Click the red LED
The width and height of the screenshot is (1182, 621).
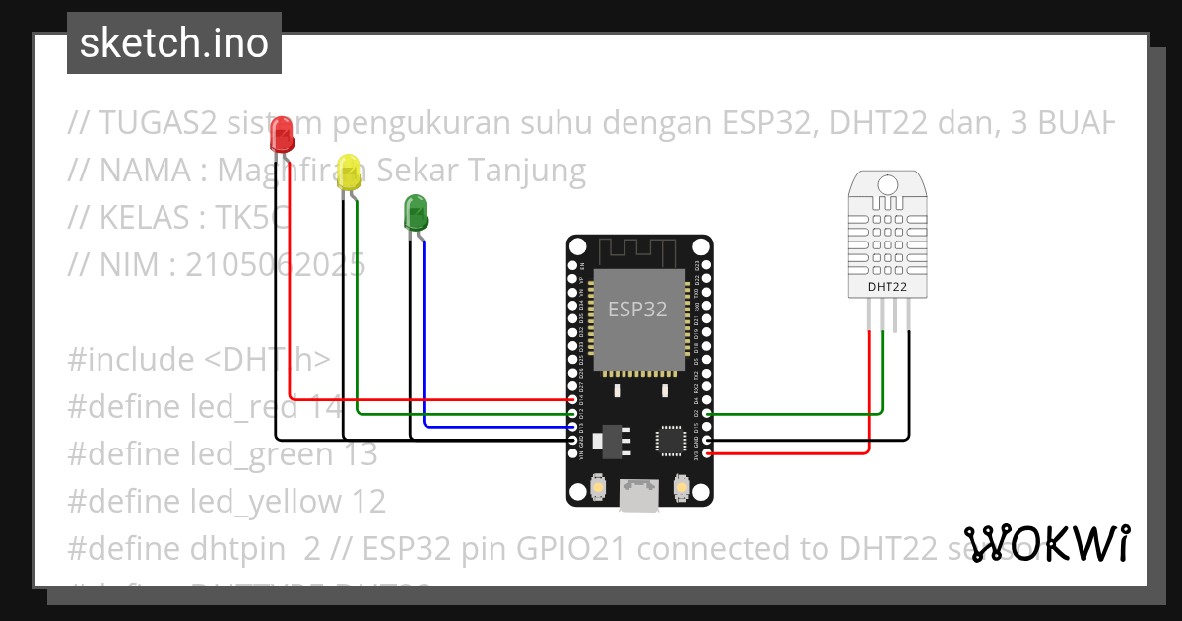282,132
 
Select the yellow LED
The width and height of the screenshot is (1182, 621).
348,172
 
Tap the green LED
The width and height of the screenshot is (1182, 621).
416,213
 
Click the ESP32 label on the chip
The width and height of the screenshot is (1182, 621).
637,309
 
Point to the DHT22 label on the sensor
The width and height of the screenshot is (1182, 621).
886,287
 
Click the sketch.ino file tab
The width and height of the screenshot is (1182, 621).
174,43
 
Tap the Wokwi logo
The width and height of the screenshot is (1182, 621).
1046,543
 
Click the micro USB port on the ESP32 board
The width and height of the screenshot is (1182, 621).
638,494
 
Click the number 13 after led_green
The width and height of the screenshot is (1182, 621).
360,453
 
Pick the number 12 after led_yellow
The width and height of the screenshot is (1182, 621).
368,501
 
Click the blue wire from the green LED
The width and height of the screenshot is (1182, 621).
425,335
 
